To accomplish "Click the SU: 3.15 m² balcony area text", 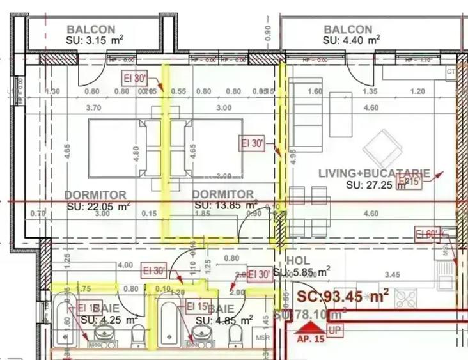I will pyautogui.click(x=95, y=40).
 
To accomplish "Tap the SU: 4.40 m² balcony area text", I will pyautogui.click(x=351, y=40).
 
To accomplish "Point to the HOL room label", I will pyautogui.click(x=299, y=261).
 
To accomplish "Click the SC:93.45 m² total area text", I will pyautogui.click(x=343, y=296).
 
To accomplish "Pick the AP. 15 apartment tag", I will pyautogui.click(x=310, y=340).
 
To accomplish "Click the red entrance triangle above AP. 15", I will pyautogui.click(x=309, y=328).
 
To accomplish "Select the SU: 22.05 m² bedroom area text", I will pyautogui.click(x=98, y=206).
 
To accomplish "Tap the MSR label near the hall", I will pyautogui.click(x=262, y=337).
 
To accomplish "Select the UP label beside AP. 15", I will pyautogui.click(x=334, y=330).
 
